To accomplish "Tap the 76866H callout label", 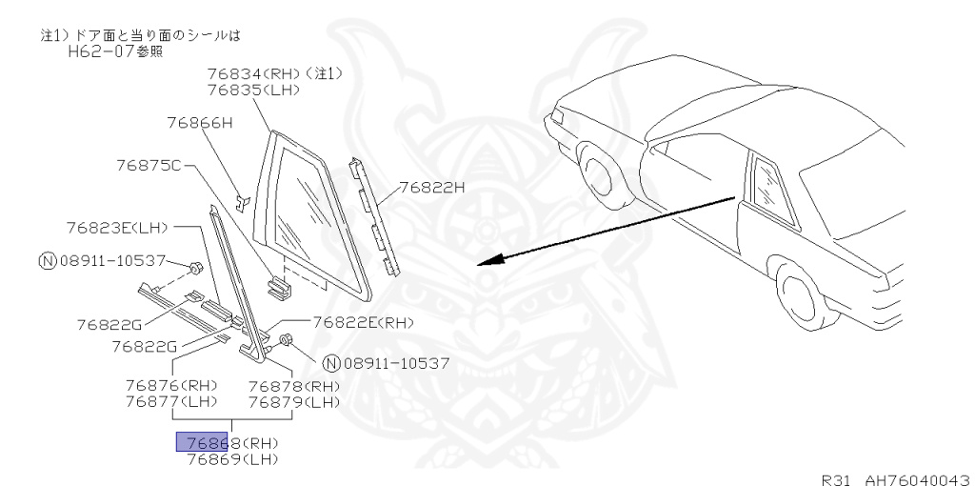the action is [x=199, y=122].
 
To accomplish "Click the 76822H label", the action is [x=431, y=187].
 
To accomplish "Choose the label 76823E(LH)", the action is [x=117, y=228].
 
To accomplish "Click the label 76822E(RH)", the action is [x=364, y=322].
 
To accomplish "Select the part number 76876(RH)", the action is [x=171, y=386].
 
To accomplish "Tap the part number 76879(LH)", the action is [x=294, y=402].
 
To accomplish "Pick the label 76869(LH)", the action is [x=231, y=459].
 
